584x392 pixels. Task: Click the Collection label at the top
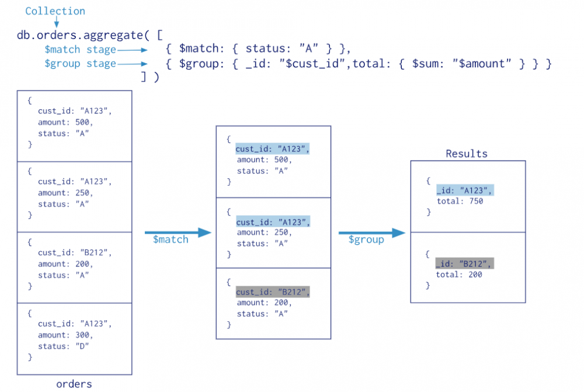55,11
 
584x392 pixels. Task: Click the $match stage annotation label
80,50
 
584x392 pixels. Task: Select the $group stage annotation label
80,64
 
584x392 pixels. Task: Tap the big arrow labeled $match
178,233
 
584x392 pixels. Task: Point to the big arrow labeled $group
371,233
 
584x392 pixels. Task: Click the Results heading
466,154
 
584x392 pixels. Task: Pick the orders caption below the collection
74,384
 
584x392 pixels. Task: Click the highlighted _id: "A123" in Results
464,190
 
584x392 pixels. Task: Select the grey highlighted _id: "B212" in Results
464,263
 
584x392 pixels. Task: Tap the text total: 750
460,202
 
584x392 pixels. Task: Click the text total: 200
460,275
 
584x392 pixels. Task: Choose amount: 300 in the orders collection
65,335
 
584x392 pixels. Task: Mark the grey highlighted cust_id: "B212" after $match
272,292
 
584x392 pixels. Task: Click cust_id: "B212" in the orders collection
74,252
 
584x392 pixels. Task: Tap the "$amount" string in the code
484,63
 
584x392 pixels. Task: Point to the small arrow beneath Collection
57,23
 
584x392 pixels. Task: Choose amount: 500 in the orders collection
65,122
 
